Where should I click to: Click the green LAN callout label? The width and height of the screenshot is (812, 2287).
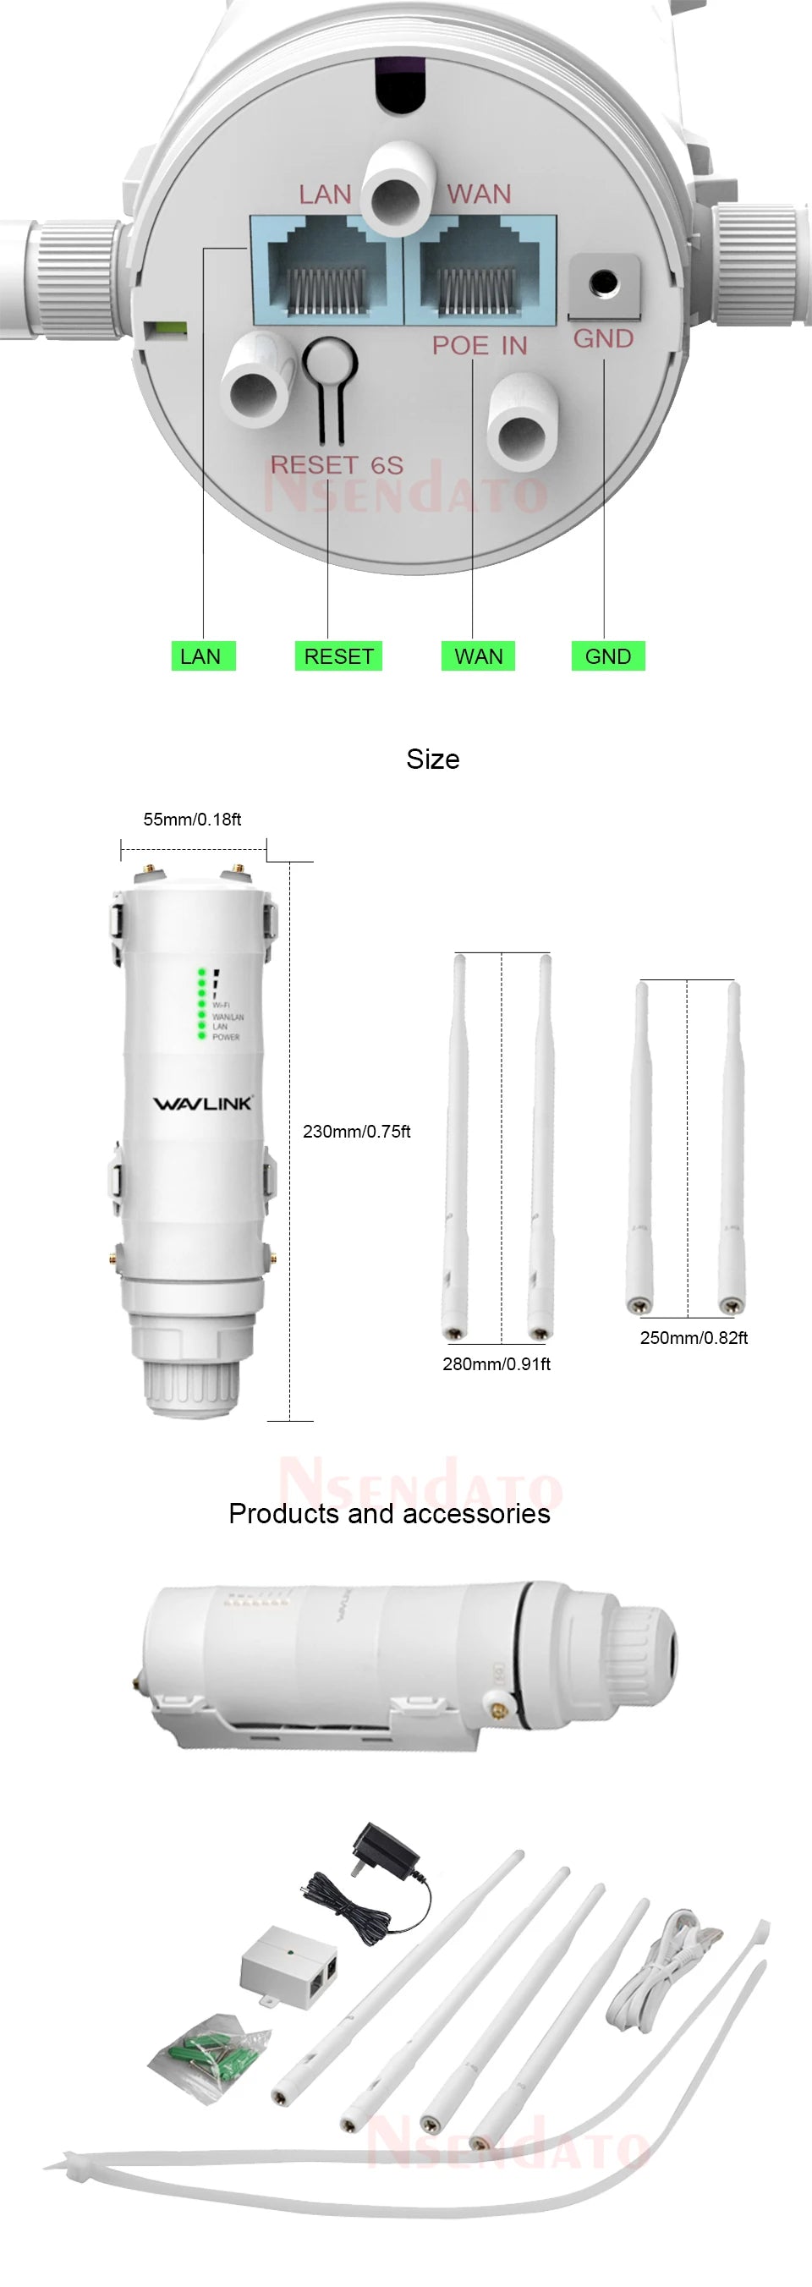[x=202, y=656]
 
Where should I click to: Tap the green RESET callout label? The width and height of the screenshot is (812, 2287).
[x=338, y=656]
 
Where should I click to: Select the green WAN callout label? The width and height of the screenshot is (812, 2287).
[x=479, y=656]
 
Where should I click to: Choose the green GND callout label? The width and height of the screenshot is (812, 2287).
[x=608, y=656]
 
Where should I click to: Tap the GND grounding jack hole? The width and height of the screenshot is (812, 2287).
[x=604, y=283]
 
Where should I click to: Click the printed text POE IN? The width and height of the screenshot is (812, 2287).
[x=480, y=345]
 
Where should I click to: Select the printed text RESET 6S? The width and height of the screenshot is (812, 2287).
[x=337, y=465]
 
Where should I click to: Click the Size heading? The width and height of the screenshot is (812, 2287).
[x=433, y=759]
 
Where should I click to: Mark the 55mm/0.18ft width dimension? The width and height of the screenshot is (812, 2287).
[x=192, y=820]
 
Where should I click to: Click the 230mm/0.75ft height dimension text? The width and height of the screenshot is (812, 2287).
[x=357, y=1131]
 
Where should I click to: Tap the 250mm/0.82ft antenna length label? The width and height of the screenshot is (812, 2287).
[x=693, y=1337]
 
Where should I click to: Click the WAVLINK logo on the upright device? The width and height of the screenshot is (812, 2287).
[x=203, y=1103]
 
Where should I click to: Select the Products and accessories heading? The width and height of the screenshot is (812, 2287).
[x=389, y=1513]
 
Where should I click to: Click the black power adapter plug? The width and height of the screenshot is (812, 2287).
[x=384, y=1854]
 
